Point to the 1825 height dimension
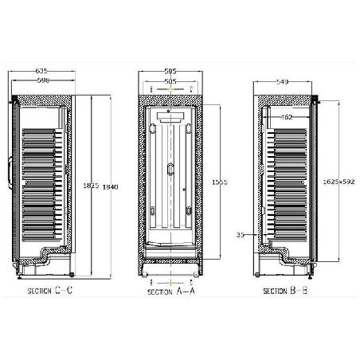[x=90, y=186]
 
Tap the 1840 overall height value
[x=110, y=186]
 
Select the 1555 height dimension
[x=221, y=182]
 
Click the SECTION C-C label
[x=49, y=292]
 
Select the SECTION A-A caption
[x=170, y=292]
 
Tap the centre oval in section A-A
[x=170, y=167]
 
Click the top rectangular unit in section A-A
[x=171, y=117]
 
